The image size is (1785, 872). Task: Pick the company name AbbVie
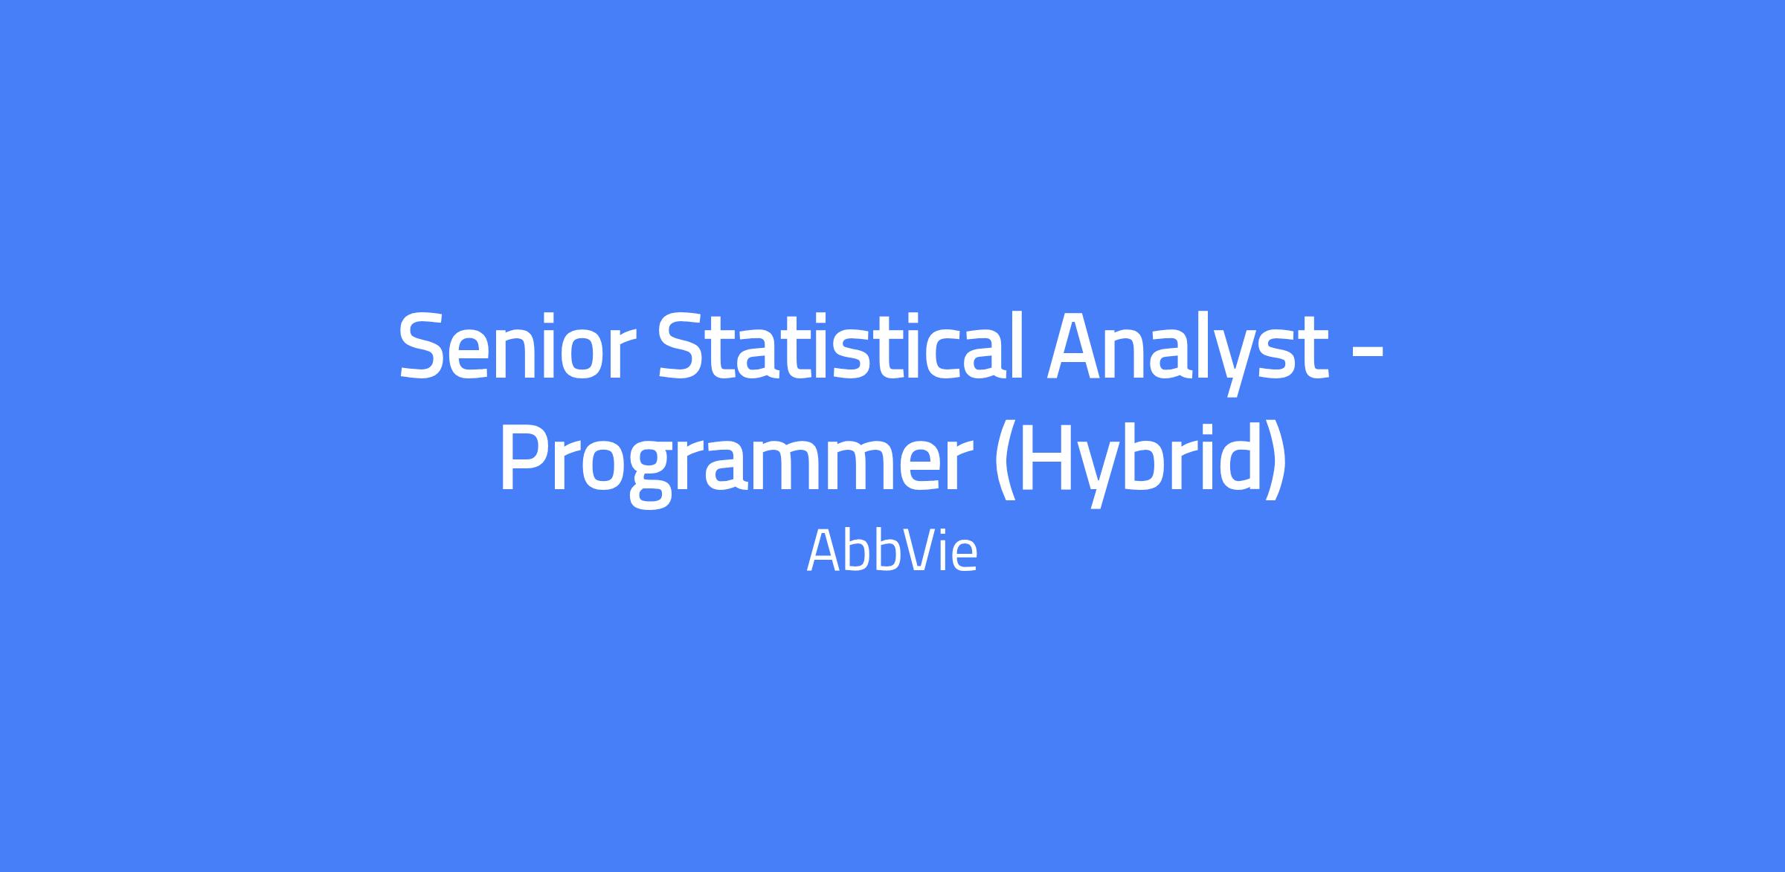point(892,551)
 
